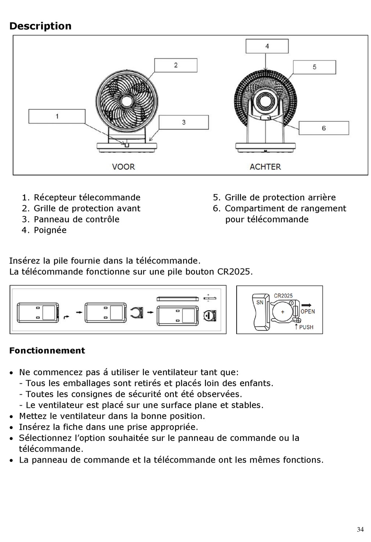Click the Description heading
pos(40,26)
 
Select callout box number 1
pos(57,116)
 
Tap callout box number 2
pos(176,65)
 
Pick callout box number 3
pos(184,122)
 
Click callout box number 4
pos(267,46)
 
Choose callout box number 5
pos(314,67)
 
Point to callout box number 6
pos(324,128)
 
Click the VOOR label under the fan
pos(123,167)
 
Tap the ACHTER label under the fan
pos(265,167)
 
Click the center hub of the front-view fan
pos(126,101)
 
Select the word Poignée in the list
pos(50,230)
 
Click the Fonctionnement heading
pos(47,351)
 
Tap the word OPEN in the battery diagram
pos(308,311)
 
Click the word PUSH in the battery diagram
pos(306,327)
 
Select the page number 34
pos(360,529)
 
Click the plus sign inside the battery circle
pos(283,312)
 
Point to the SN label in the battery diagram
pos(260,302)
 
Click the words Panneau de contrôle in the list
pos(77,219)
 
